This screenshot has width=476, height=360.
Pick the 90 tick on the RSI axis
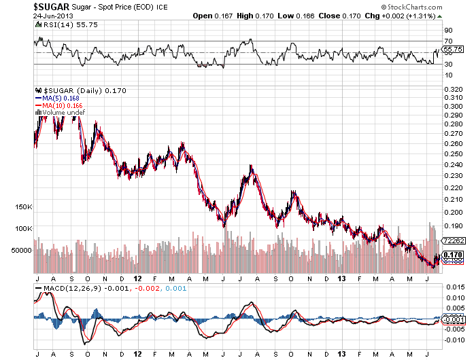[x=448, y=31]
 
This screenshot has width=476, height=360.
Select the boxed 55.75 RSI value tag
[x=453, y=50]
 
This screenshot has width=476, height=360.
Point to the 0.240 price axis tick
[x=453, y=164]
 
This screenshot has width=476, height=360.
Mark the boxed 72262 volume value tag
[x=453, y=240]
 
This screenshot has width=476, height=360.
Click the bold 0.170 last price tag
[x=453, y=255]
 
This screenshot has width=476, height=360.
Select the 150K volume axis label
[x=23, y=206]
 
